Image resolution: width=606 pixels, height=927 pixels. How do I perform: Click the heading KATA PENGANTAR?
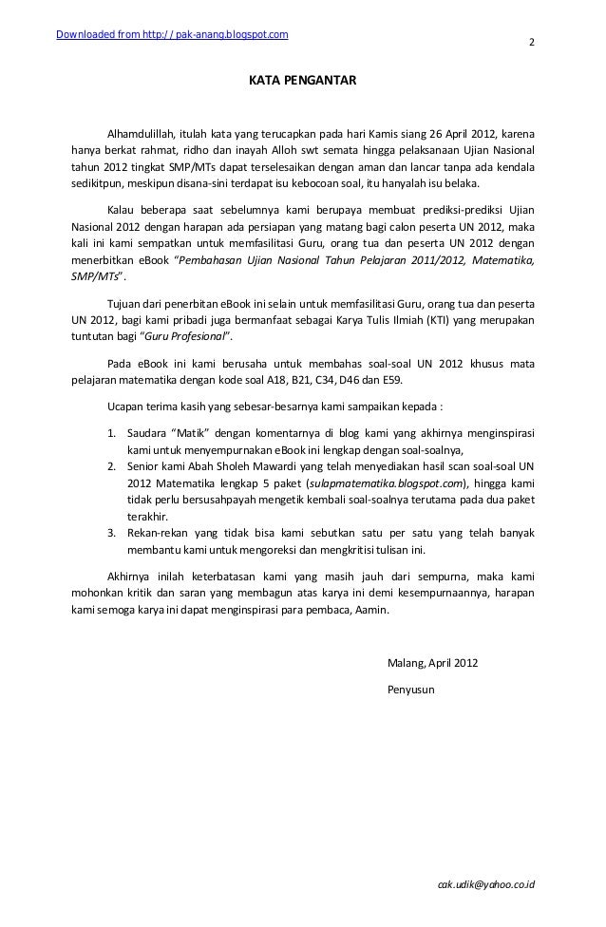pos(303,84)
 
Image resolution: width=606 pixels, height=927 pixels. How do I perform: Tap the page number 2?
pos(531,43)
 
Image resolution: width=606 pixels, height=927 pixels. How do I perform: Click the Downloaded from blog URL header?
pos(173,36)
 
